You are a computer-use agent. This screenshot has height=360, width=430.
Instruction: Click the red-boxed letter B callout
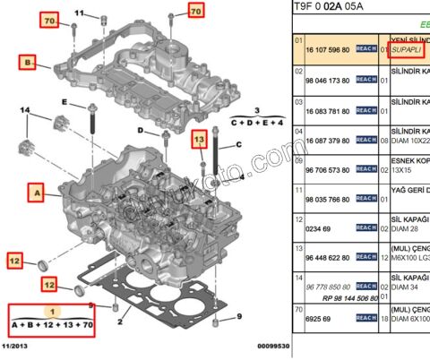pyautogui.click(x=29, y=63)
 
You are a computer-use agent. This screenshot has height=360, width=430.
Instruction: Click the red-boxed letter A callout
pyautogui.click(x=35, y=191)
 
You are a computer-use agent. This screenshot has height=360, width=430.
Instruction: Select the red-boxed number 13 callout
pyautogui.click(x=199, y=140)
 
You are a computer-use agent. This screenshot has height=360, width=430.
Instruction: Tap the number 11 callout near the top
pyautogui.click(x=79, y=13)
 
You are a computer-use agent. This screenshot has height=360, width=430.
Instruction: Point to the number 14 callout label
pyautogui.click(x=25, y=111)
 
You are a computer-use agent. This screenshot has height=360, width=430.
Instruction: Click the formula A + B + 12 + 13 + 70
pyautogui.click(x=52, y=323)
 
